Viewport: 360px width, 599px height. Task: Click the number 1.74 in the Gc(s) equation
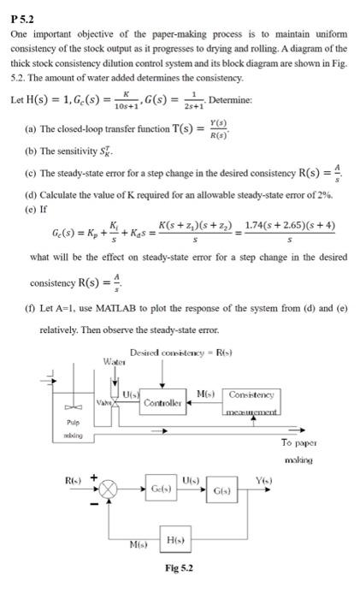(x=256, y=224)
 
